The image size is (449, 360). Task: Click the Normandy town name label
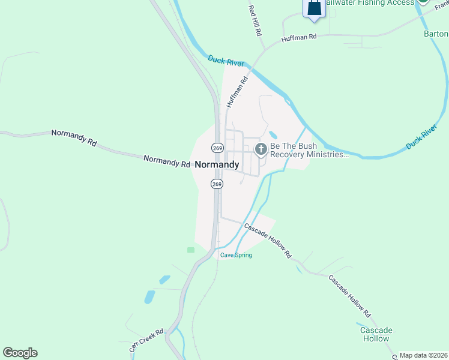(217, 164)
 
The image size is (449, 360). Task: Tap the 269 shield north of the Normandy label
(217, 148)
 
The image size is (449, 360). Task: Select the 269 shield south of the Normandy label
(217, 184)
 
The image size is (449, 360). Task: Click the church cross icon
(261, 149)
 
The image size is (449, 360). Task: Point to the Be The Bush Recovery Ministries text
(309, 150)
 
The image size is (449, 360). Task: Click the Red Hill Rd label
(256, 20)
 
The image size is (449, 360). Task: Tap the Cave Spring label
(236, 255)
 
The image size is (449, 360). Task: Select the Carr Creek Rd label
(146, 340)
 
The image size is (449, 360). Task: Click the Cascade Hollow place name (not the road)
(376, 334)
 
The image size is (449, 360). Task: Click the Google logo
(20, 353)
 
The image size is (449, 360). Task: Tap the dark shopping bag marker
(314, 8)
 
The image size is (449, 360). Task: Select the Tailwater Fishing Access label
(370, 3)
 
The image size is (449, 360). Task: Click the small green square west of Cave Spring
(191, 250)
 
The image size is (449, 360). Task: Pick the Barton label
(436, 34)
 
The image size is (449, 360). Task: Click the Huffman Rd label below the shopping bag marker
(299, 39)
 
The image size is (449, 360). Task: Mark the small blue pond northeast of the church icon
(273, 134)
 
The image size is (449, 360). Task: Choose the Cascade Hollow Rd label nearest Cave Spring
(267, 241)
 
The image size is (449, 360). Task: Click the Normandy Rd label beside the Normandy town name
(167, 161)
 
